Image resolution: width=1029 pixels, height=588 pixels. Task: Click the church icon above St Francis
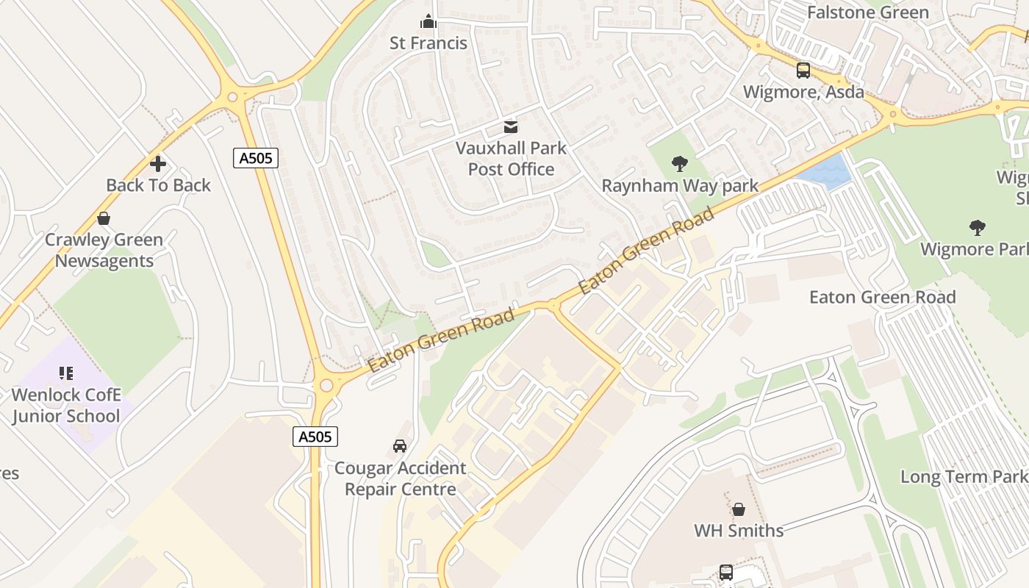429,21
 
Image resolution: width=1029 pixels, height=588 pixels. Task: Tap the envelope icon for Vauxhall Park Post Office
511,127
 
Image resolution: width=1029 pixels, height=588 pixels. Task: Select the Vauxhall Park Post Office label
511,158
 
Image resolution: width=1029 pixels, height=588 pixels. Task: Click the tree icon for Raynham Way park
680,164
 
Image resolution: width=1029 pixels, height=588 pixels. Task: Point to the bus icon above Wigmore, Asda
803,71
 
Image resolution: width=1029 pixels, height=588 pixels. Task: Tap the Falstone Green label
868,12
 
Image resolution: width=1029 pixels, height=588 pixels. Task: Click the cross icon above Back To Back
158,164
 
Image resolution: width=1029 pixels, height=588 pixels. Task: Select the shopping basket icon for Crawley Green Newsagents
104,218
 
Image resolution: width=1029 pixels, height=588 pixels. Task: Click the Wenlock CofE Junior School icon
66,374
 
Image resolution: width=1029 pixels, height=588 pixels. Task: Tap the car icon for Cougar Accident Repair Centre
400,446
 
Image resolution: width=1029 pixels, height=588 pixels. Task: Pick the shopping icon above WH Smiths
739,509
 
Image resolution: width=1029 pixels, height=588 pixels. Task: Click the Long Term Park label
964,476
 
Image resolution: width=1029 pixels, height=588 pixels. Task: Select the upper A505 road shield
256,157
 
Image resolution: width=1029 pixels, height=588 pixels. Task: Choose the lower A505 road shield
315,437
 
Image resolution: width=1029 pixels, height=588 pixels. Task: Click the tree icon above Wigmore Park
977,227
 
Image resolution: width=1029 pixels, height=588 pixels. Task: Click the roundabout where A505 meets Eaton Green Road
326,385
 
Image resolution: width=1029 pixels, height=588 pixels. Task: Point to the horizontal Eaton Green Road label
882,297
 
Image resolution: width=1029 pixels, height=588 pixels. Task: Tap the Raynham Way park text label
680,186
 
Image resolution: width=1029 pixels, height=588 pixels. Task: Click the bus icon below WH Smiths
726,572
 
